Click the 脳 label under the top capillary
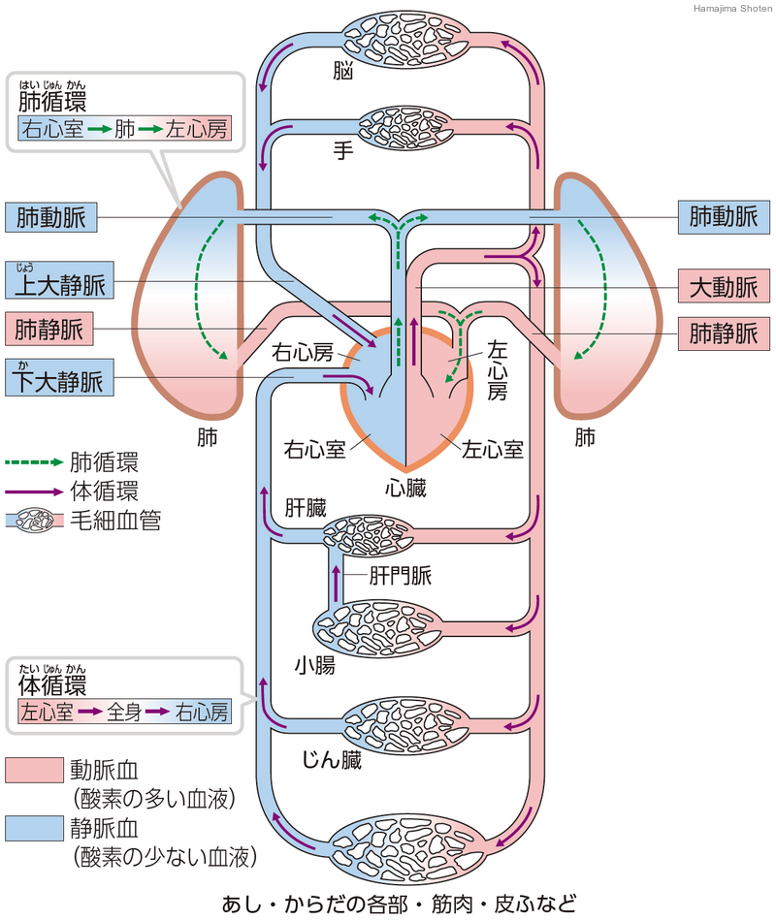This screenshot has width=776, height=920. point(339,73)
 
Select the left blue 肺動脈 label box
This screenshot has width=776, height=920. point(51,218)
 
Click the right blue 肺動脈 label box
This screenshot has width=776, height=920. point(723,218)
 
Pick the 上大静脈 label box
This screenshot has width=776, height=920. point(58,285)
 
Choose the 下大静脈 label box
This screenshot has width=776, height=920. point(58,379)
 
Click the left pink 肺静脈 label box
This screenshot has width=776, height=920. point(51,331)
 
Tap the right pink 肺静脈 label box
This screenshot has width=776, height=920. point(723,333)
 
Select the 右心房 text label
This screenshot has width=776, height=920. point(302,351)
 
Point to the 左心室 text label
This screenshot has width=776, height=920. point(493,450)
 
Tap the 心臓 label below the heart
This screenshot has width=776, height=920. point(405,489)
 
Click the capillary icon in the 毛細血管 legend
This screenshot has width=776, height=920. point(36,521)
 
